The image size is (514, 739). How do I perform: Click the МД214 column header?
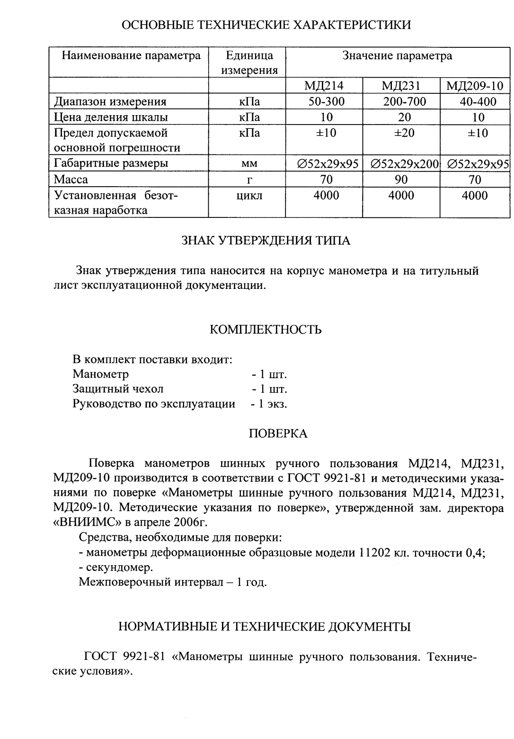click(x=324, y=86)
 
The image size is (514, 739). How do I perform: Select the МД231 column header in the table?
click(x=401, y=86)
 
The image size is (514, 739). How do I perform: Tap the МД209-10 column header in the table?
click(x=475, y=86)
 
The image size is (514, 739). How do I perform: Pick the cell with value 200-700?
click(x=404, y=101)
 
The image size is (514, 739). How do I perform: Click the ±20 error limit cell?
click(x=404, y=133)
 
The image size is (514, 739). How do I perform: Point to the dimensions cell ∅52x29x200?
click(x=404, y=164)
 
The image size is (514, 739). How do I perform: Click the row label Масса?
click(x=71, y=180)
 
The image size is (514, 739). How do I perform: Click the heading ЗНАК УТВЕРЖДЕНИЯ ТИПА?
click(x=266, y=241)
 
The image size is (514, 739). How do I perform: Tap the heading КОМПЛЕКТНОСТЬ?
click(x=266, y=330)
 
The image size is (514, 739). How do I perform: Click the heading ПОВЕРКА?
click(x=278, y=433)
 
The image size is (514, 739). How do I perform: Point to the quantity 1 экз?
click(x=269, y=404)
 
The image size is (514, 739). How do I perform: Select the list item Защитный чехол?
click(x=118, y=389)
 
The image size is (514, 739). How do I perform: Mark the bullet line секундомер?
click(x=115, y=567)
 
